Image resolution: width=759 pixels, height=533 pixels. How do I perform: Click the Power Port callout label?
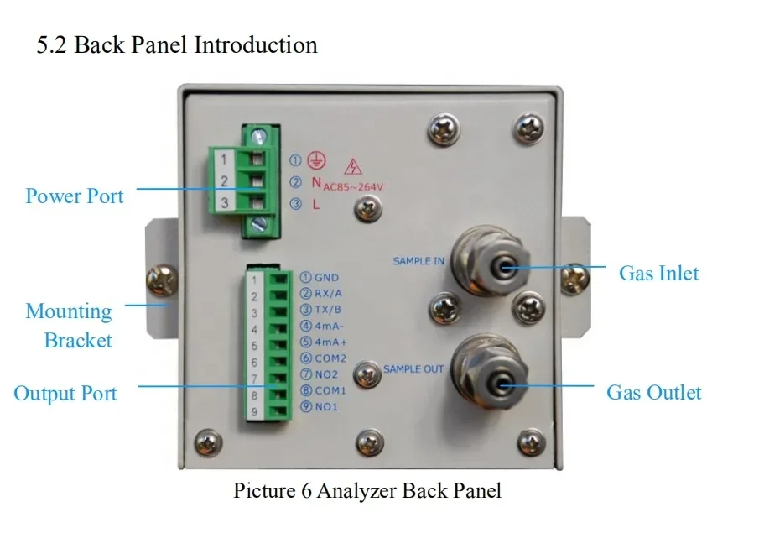click(x=75, y=196)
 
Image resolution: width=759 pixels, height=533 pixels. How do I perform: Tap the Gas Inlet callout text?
click(x=659, y=274)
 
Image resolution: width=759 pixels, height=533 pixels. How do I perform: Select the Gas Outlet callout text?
click(x=653, y=393)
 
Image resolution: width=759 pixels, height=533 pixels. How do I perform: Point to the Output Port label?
click(x=65, y=394)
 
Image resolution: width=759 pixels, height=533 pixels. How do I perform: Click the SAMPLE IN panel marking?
click(x=418, y=261)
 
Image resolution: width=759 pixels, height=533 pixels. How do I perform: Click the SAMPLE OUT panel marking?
click(x=413, y=369)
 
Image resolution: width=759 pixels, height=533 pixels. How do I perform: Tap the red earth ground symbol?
click(x=316, y=160)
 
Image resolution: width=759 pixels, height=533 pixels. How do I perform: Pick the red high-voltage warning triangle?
click(x=353, y=167)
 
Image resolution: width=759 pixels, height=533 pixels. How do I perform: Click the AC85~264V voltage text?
click(x=353, y=187)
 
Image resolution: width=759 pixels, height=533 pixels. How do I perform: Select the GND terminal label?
click(x=327, y=278)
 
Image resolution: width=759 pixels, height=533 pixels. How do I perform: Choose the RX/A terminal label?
click(x=328, y=294)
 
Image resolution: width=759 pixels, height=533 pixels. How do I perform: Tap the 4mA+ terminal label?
click(x=331, y=342)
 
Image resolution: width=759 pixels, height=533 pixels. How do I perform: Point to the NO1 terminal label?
click(x=326, y=406)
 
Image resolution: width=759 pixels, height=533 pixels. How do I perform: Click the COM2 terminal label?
click(x=330, y=358)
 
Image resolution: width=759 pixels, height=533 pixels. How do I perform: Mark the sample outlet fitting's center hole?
click(x=501, y=386)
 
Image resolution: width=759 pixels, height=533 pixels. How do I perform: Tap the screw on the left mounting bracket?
click(x=162, y=280)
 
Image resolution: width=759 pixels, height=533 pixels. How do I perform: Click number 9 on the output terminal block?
click(x=254, y=412)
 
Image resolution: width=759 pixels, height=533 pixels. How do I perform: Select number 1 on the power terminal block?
click(x=224, y=159)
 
